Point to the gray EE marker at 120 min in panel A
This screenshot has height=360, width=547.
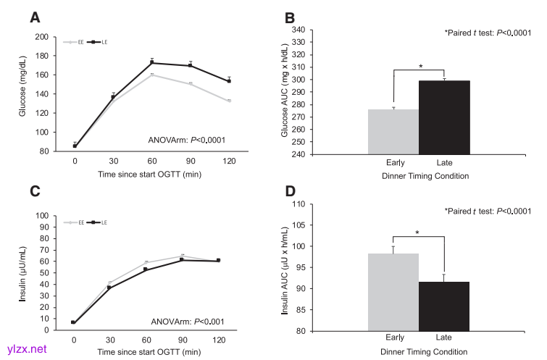coord(228,101)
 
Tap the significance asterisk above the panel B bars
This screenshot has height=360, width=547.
coord(420,67)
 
